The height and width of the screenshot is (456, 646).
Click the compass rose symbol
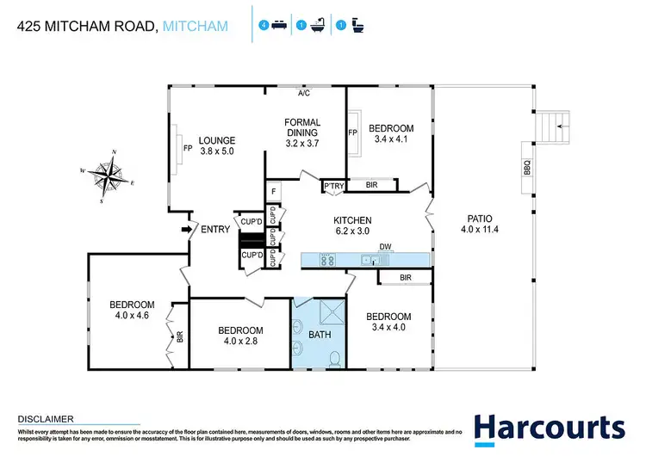tap(109, 176)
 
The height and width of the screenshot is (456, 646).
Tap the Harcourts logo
tap(549, 427)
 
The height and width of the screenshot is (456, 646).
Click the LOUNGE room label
tap(216, 145)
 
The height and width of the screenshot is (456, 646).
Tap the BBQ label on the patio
tap(527, 168)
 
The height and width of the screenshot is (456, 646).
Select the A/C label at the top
tap(303, 94)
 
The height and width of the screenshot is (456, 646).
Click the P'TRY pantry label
tap(333, 186)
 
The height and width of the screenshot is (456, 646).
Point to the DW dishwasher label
tap(386, 248)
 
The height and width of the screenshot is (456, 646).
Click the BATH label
tap(320, 335)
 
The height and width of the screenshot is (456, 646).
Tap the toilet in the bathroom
tap(339, 358)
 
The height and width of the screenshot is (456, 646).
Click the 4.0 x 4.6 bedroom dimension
tap(132, 317)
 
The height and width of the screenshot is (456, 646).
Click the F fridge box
tap(273, 191)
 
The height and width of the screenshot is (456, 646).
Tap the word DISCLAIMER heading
tap(45, 418)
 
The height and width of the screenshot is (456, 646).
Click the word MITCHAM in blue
tap(196, 27)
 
